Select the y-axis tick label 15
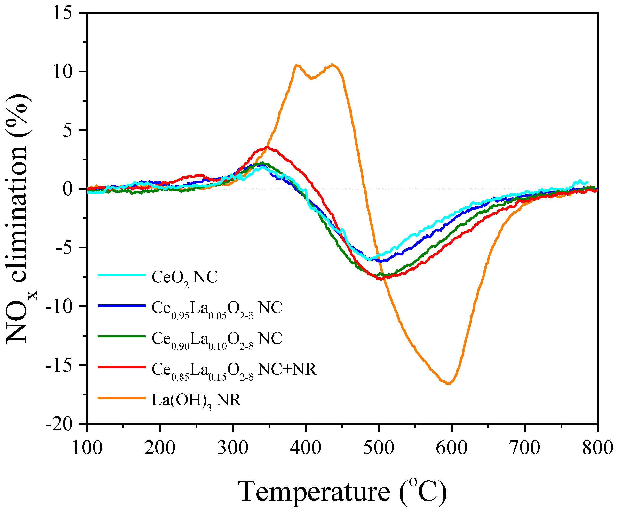click(x=63, y=13)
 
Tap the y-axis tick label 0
click(x=68, y=189)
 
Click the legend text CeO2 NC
click(x=184, y=277)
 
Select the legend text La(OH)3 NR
click(x=196, y=400)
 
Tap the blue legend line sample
click(x=121, y=306)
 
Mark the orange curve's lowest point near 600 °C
click(x=449, y=383)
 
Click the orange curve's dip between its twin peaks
click(x=311, y=78)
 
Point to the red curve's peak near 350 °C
click(x=267, y=147)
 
